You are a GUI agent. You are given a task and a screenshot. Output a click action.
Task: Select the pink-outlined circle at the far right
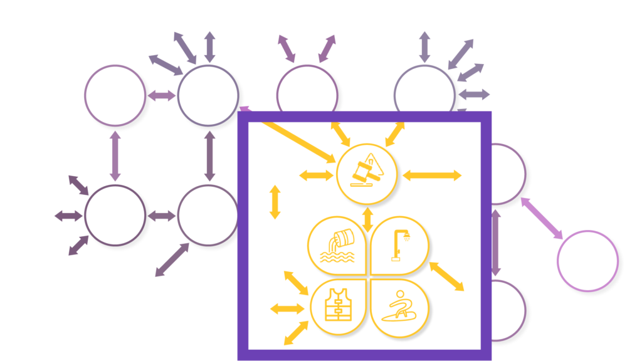[x=587, y=260]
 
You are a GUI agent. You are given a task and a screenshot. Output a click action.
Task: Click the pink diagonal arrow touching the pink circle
[x=542, y=218]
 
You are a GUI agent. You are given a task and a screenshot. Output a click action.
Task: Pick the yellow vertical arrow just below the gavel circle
[x=368, y=217]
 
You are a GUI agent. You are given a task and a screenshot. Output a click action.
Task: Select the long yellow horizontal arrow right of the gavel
[x=432, y=175]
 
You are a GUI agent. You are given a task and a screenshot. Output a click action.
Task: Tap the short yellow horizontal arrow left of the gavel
[x=316, y=175]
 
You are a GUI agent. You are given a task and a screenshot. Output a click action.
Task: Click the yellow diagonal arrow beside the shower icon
[x=446, y=276]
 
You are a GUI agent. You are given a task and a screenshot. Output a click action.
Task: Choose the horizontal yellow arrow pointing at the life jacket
[x=287, y=308]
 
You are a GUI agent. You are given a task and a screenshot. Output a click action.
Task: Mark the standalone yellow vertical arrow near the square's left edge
[x=275, y=202]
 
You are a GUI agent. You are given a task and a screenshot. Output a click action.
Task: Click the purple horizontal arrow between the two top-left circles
[x=163, y=96]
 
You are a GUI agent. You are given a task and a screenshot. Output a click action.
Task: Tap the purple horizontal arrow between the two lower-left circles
[x=163, y=216]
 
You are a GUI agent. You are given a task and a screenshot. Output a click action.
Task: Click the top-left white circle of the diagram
[x=115, y=95]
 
